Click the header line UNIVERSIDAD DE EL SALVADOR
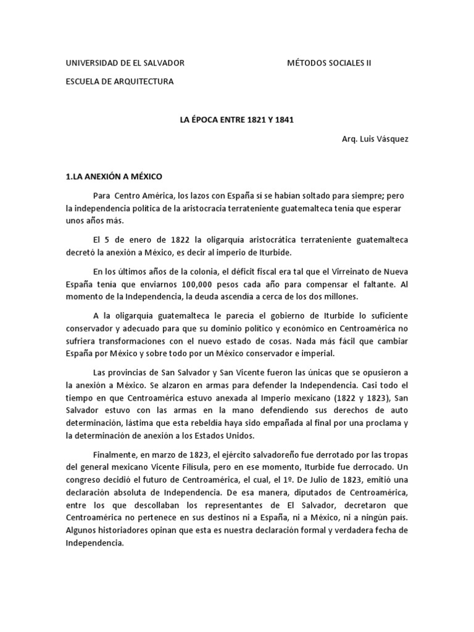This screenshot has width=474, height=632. click(x=125, y=63)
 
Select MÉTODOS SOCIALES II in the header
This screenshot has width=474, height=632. click(x=330, y=63)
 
